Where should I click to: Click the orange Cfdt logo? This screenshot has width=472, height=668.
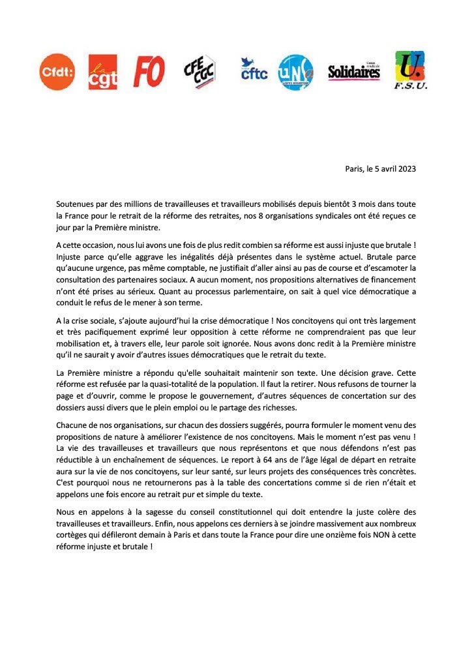(57, 72)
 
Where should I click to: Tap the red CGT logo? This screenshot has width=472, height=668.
(103, 72)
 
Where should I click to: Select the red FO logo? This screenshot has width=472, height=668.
(149, 71)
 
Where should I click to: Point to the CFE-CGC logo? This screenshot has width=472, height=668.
(199, 72)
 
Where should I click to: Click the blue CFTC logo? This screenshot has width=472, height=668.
(254, 69)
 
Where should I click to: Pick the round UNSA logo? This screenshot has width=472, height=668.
(295, 72)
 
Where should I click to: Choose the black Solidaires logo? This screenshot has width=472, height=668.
(354, 71)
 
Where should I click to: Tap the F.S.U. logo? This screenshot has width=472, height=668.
(410, 71)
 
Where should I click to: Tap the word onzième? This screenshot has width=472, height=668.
(326, 534)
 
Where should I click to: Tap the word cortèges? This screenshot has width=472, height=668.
(74, 534)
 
